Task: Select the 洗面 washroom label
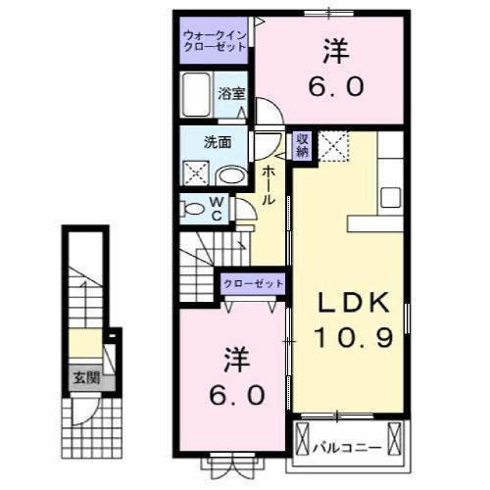click(217, 140)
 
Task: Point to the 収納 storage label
click(303, 145)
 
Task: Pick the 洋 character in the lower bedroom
click(233, 357)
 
